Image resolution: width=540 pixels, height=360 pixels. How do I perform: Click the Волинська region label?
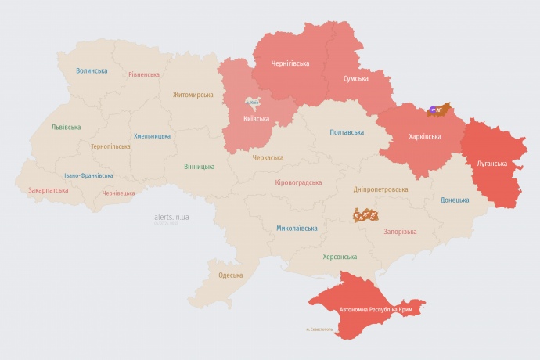(92, 70)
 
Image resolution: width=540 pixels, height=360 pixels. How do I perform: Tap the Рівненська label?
(144, 74)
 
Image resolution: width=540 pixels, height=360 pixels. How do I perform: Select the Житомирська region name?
(193, 95)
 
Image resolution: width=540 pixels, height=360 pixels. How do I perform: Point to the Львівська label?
(66, 127)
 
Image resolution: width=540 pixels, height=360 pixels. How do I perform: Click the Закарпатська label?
(48, 190)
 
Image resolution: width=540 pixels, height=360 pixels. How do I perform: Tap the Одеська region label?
(230, 275)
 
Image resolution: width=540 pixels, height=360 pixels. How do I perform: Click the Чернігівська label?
(290, 63)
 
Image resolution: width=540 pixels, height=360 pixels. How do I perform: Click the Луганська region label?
(491, 164)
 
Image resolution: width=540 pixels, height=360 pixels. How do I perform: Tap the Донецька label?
(455, 200)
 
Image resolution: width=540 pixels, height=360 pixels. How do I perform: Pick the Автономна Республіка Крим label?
(376, 311)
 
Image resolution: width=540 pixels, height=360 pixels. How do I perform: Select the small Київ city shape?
(253, 102)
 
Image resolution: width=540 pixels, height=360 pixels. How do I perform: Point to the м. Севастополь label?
(319, 329)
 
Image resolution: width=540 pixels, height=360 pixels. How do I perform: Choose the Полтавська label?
(347, 132)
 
